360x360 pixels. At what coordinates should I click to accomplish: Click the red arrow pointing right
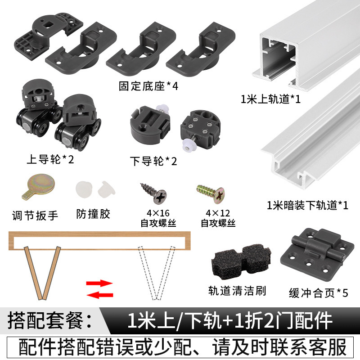coord(99,283)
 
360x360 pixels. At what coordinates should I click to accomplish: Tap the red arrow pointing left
coord(99,295)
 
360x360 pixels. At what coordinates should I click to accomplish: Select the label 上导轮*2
coord(50,159)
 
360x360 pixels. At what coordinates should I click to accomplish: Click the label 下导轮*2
coord(153,161)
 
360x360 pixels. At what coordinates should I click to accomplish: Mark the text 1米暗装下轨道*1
coord(307,206)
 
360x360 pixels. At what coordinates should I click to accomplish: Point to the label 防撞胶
coord(93,214)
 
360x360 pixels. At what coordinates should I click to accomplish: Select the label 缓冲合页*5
coord(318,292)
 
